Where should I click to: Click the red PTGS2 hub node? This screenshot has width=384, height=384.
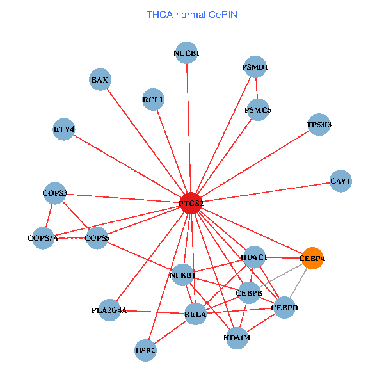[191, 204]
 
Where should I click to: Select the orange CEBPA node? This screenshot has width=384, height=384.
[312, 259]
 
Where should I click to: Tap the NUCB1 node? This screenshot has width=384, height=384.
[187, 53]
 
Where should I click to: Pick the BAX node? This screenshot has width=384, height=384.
[100, 80]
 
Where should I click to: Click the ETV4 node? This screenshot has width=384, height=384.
[64, 129]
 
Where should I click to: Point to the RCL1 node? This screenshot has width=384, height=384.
[153, 100]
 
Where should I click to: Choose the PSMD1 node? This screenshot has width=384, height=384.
[255, 67]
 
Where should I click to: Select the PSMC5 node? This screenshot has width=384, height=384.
[259, 110]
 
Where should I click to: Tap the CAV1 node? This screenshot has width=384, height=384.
[340, 181]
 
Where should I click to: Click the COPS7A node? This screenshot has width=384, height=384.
[43, 238]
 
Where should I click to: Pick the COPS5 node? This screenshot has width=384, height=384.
[97, 238]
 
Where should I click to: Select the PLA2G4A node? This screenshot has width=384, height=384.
[109, 310]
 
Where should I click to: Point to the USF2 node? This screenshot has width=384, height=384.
[146, 350]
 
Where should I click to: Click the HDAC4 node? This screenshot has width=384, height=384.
[237, 337]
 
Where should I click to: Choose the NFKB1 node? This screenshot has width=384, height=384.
[182, 275]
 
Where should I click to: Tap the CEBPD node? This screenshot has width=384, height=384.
[285, 308]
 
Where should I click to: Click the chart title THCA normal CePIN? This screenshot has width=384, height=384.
[191, 14]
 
